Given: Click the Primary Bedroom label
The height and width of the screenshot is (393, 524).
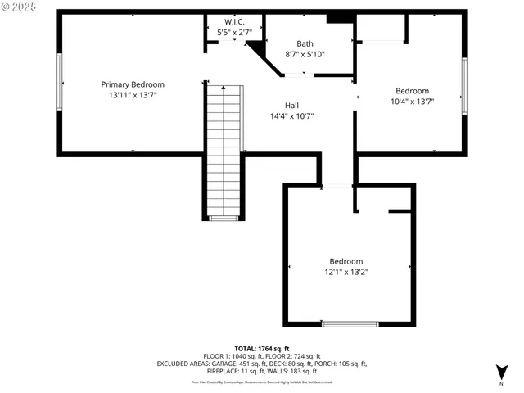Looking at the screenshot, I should pyautogui.click(x=133, y=84).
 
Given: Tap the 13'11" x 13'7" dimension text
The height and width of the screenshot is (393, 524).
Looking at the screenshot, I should pyautogui.click(x=133, y=95).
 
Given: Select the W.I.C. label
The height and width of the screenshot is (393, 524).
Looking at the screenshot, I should pyautogui.click(x=233, y=21).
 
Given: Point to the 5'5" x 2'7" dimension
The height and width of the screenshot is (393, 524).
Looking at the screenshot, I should pyautogui.click(x=233, y=32).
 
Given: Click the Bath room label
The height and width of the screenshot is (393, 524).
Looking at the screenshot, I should pyautogui.click(x=305, y=43).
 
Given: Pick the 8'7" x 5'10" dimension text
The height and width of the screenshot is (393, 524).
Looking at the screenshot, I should pyautogui.click(x=305, y=54).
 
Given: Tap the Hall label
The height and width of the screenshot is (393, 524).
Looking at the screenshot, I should pyautogui.click(x=291, y=106).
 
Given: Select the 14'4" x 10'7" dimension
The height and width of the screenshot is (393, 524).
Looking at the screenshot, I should pyautogui.click(x=291, y=116).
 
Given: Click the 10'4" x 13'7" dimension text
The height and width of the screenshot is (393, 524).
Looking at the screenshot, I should pyautogui.click(x=412, y=102).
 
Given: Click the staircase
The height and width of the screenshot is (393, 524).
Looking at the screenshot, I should pyautogui.click(x=224, y=151).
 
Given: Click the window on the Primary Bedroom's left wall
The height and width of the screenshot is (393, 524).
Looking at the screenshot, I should pyautogui.click(x=59, y=82).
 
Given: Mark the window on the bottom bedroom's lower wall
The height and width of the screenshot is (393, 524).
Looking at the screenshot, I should pyautogui.click(x=350, y=324).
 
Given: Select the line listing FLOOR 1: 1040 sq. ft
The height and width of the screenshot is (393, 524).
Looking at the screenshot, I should pyautogui.click(x=262, y=357).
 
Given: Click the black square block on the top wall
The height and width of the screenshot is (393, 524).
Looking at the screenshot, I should pyautogui.click(x=336, y=18).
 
